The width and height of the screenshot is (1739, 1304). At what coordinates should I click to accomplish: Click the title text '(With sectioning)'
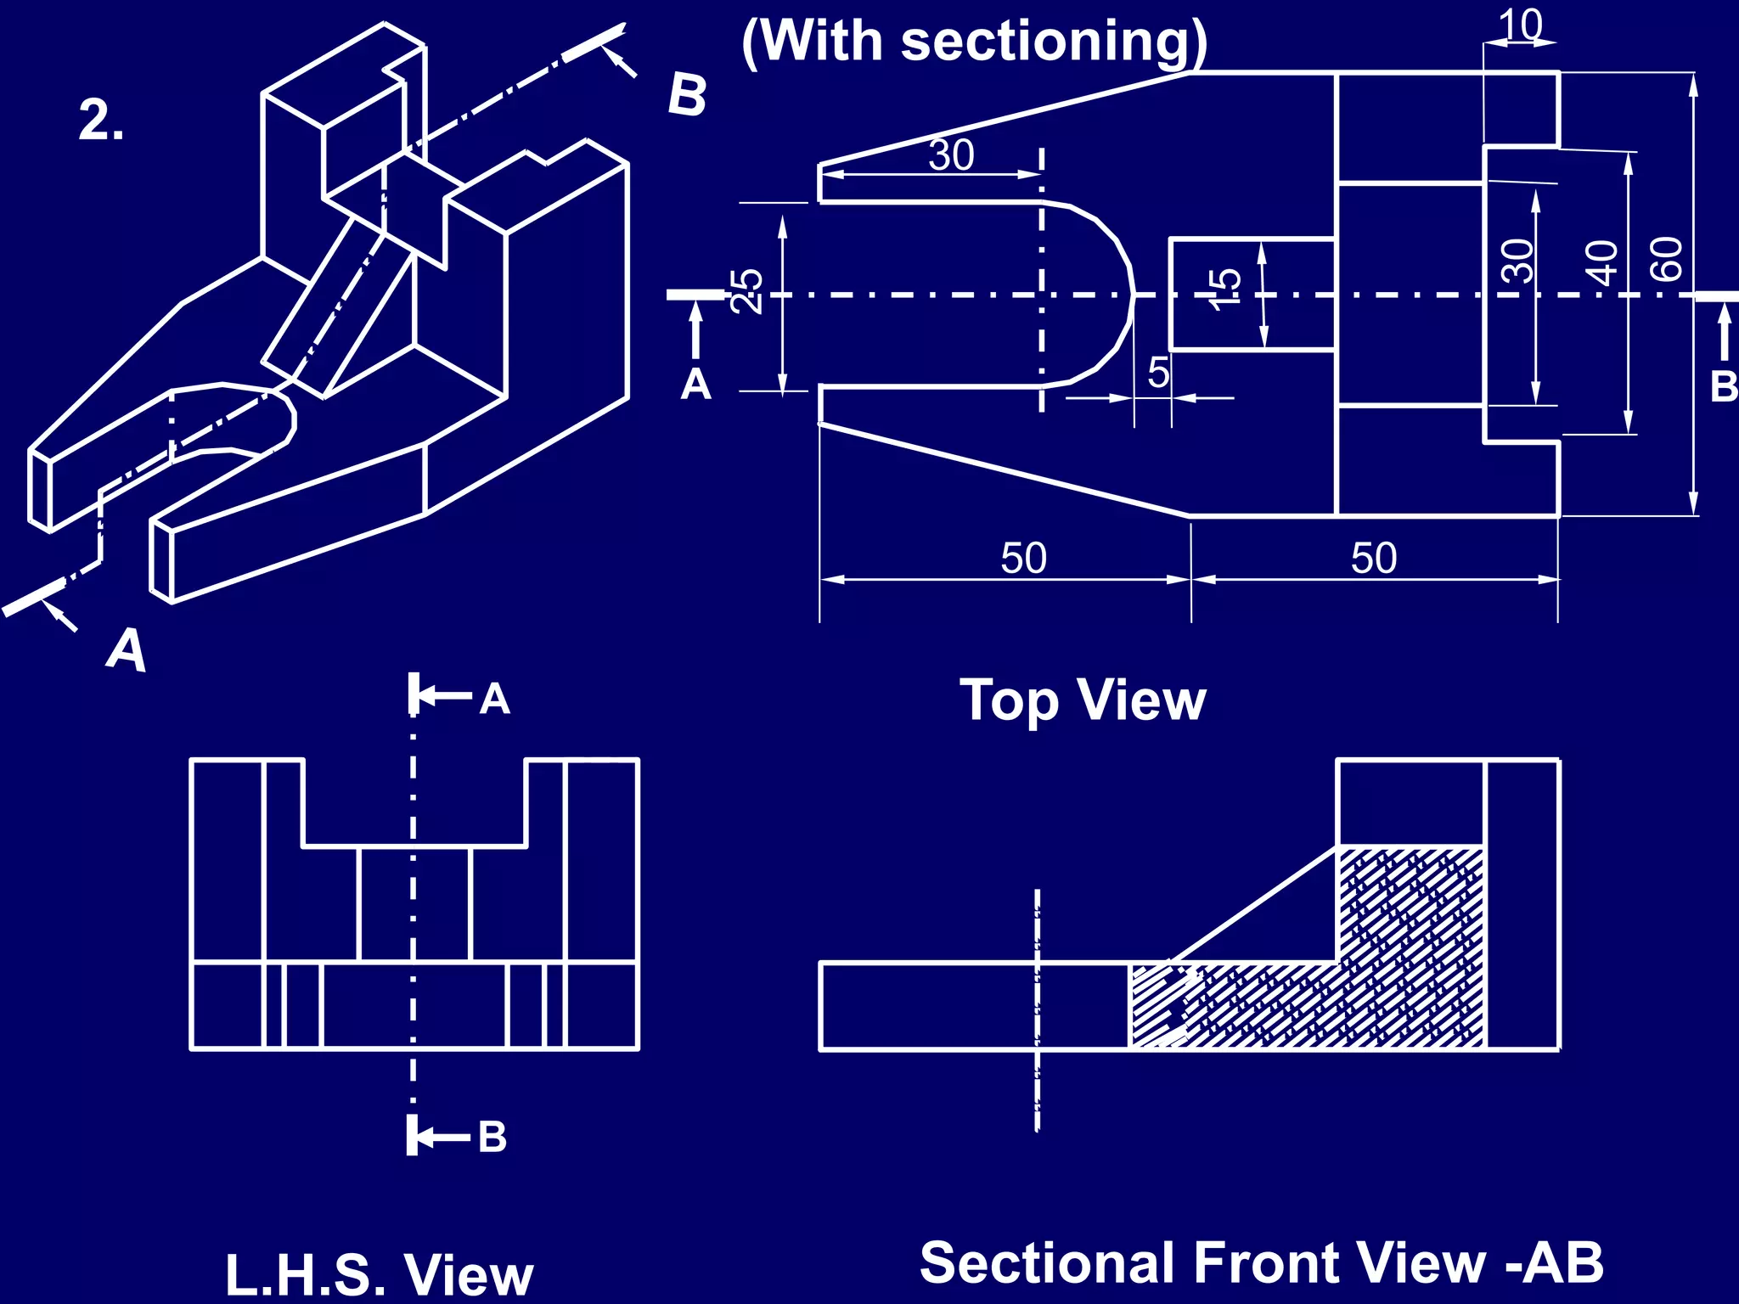pos(974,42)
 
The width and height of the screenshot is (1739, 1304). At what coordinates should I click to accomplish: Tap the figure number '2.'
pos(101,121)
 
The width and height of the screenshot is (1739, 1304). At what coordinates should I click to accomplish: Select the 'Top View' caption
pos(1083,701)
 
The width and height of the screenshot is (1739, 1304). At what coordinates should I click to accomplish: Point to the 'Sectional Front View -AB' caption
pos(1262,1263)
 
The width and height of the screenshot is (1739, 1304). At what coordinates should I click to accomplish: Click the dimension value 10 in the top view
pos(1520,25)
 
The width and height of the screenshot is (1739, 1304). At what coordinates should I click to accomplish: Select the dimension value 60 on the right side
pos(1667,259)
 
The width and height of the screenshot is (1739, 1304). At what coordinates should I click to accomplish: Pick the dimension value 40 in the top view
pos(1602,262)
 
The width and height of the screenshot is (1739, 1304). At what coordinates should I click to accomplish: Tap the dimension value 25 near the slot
pos(747,291)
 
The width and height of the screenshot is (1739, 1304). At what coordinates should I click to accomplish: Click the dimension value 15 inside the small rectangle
pos(1225,289)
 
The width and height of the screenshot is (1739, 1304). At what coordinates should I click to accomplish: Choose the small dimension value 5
pos(1158,373)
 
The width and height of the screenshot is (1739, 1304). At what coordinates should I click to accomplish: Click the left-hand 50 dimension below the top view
pos(1023,559)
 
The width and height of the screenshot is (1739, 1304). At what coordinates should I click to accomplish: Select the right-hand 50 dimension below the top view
pos(1374,559)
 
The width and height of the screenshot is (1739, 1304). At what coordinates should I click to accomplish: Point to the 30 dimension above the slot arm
pos(951,155)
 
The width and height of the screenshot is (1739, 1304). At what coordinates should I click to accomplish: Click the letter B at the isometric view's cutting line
pos(686,95)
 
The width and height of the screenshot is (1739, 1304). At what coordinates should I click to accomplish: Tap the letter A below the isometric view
pos(127,651)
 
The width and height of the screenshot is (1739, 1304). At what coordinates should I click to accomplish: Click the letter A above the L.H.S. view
pos(494,700)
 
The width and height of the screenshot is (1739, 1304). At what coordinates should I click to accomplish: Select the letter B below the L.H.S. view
pos(492,1138)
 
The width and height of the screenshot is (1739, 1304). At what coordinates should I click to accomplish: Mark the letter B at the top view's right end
pos(1724,387)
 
